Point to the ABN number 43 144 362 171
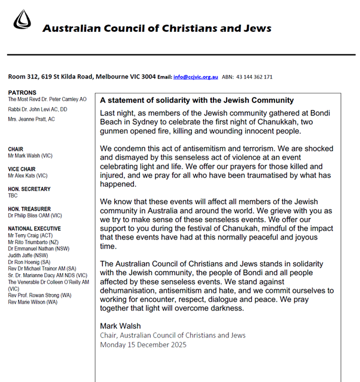coord(255,77)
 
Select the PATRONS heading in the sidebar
coord(22,92)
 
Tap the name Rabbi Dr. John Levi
coord(38,109)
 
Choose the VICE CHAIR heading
coord(22,169)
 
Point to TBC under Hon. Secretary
coord(13,196)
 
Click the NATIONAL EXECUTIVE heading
coord(35,229)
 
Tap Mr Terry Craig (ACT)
coord(30,236)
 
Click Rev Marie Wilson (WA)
coord(33,302)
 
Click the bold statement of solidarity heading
coord(197,100)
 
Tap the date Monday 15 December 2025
coord(143,344)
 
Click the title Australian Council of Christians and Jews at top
coord(157,28)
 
